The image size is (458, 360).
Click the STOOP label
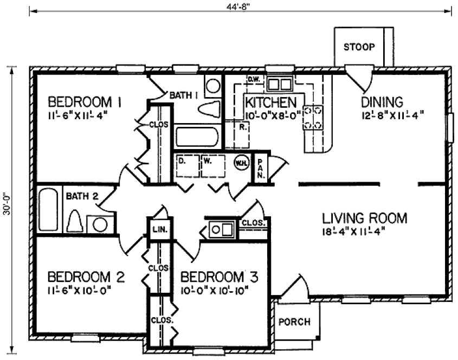359,47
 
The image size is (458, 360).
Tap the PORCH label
294,322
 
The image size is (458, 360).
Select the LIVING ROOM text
364,218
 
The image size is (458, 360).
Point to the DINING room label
382,101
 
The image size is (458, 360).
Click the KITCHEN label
270,102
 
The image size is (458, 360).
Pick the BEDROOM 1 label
84,101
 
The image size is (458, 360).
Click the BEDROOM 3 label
219,278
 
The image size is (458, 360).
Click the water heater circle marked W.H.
240,162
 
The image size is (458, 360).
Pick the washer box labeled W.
212,167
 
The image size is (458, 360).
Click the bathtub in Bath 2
48,210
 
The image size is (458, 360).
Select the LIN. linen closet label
158,229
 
